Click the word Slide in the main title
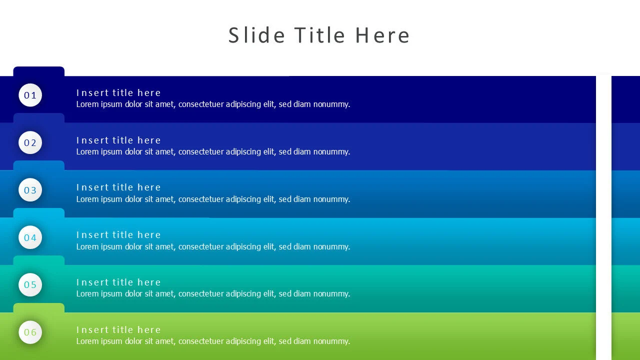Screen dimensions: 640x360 256,35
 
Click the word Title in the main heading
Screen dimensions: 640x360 319,35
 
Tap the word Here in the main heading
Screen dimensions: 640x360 382,35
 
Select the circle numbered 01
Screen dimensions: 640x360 30,95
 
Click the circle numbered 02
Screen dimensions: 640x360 30,142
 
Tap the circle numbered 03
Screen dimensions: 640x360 30,190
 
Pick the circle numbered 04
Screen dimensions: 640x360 30,237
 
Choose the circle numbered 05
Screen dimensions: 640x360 30,285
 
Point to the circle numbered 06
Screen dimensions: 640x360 30,332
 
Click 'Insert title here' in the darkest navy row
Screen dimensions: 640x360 118,93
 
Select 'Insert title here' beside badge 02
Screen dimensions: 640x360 118,140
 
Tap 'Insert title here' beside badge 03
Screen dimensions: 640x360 118,187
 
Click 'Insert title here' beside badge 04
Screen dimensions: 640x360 118,235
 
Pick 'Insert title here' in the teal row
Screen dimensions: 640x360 118,282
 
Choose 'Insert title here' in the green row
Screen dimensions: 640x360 118,329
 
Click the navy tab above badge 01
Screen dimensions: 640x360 39,71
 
